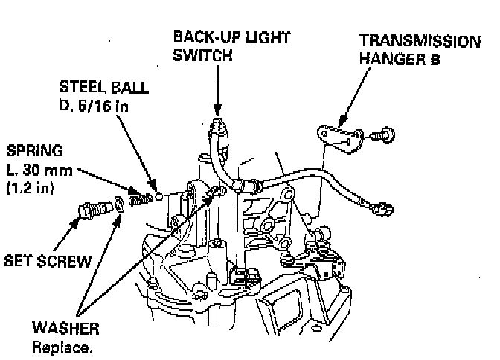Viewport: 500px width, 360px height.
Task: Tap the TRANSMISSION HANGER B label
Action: (x=417, y=48)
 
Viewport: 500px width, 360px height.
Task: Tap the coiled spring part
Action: (x=138, y=199)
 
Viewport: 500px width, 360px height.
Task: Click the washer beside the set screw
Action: (x=117, y=204)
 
